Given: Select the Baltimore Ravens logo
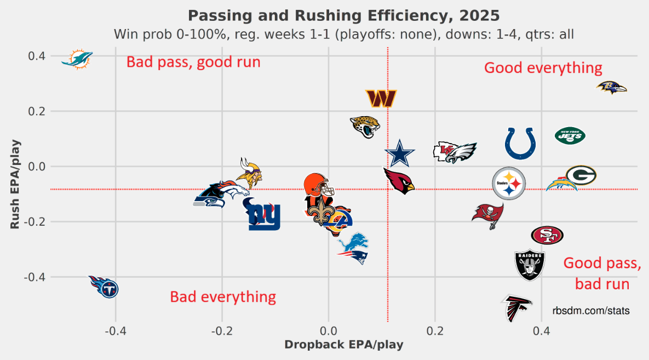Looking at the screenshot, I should click(x=611, y=87).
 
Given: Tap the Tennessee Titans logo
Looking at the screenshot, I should click(x=105, y=287).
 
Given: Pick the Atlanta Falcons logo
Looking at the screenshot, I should click(x=516, y=308).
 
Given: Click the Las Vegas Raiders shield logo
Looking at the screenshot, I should click(x=530, y=266).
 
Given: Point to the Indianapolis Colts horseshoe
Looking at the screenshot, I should click(x=520, y=144).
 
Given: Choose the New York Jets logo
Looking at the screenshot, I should click(x=570, y=135).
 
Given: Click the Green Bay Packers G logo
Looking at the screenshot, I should click(x=581, y=175).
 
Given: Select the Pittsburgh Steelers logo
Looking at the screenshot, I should click(x=509, y=183).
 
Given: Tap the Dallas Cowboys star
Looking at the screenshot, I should click(x=400, y=154).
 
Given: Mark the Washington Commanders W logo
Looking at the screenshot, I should click(x=381, y=99).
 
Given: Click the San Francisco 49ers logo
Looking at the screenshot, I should click(x=547, y=235).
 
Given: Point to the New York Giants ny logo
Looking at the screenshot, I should click(x=264, y=215).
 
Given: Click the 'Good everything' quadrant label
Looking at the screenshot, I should click(x=543, y=68).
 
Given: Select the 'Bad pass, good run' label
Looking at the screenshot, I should click(x=193, y=62).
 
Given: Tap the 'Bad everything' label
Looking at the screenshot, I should click(x=223, y=297).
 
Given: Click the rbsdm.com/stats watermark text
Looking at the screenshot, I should click(x=591, y=311).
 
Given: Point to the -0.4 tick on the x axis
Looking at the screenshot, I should click(x=115, y=332).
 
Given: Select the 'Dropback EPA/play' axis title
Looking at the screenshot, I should click(x=344, y=345).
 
